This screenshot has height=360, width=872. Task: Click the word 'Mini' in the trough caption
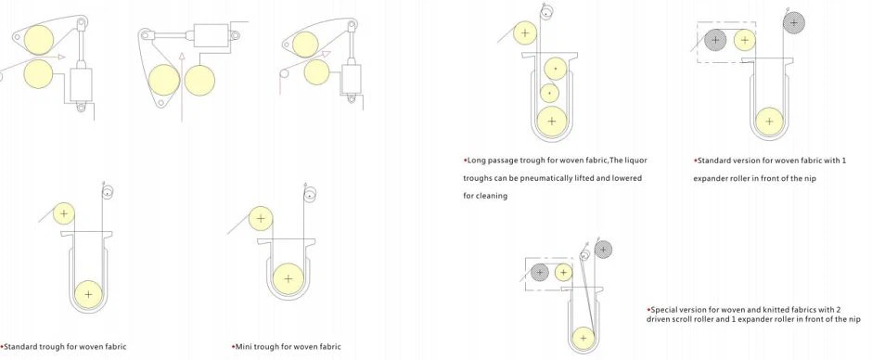click(x=244, y=347)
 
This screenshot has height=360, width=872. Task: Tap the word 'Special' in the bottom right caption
click(x=663, y=309)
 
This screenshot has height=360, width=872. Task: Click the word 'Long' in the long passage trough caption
click(x=476, y=161)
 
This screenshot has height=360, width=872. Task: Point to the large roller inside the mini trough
click(x=289, y=278)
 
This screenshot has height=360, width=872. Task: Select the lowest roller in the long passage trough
click(x=552, y=121)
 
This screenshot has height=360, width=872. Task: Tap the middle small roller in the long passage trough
click(x=549, y=93)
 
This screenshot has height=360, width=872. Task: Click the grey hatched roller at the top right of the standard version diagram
click(x=793, y=23)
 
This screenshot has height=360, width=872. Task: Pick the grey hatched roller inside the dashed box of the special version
click(x=539, y=273)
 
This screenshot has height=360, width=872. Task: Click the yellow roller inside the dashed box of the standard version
click(x=745, y=40)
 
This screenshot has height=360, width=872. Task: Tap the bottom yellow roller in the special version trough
click(x=583, y=338)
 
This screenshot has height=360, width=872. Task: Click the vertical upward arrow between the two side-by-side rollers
click(x=181, y=86)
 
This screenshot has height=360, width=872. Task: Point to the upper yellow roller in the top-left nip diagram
click(x=39, y=40)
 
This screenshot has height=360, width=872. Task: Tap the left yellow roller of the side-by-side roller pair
click(x=164, y=80)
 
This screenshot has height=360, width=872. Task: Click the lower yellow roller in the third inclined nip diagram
click(x=316, y=71)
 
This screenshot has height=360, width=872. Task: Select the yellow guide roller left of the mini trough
click(x=261, y=219)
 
